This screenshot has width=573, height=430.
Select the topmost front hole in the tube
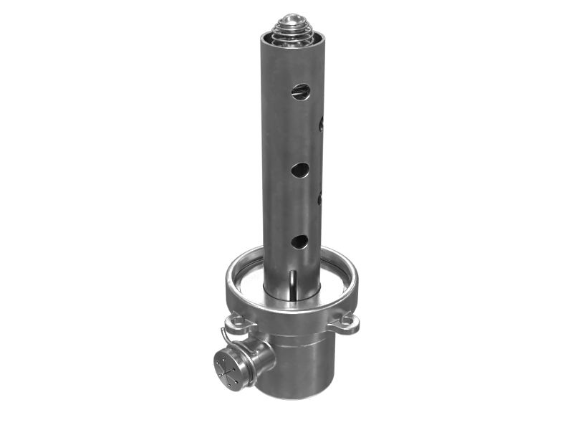(x=301, y=92)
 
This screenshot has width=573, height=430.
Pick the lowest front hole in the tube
(x=299, y=242)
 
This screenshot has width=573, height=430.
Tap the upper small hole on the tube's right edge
(x=322, y=124)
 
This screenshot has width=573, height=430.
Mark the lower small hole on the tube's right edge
(x=319, y=196)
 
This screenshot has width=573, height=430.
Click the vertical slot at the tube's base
(x=294, y=282)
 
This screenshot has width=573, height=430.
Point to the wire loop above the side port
(x=228, y=337)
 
